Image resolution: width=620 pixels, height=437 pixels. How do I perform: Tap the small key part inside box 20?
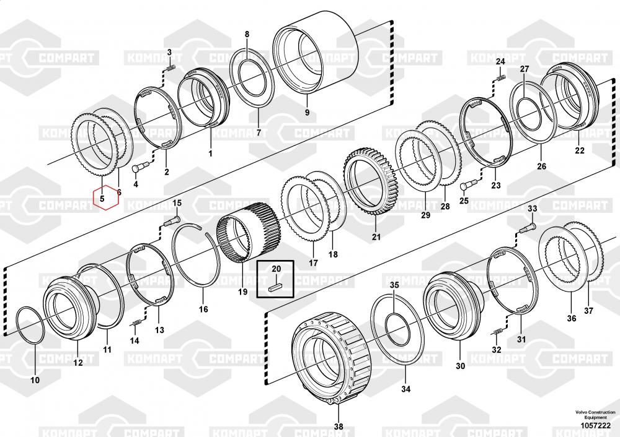pos(276,286)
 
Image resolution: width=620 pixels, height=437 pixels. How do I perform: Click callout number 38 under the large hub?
pos(338,426)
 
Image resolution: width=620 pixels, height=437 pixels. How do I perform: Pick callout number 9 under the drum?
pos(306,113)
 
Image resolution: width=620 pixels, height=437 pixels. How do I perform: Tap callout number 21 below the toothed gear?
pos(376,236)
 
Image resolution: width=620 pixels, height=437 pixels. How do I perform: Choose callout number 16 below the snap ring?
pos(203,309)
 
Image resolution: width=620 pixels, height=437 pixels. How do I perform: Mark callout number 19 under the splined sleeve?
pos(242,292)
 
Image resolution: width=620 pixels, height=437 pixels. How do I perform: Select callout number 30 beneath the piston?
pos(459,366)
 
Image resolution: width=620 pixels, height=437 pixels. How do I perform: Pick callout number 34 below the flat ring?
pos(405,389)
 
